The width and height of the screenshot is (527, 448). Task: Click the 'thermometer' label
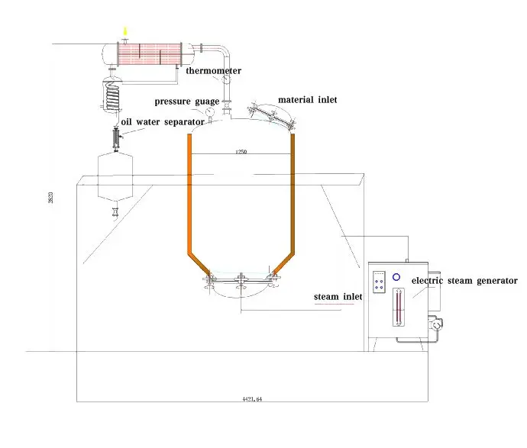pos(214,71)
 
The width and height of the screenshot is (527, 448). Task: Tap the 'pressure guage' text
pos(187,101)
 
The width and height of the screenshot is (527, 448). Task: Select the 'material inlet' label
pos(308,99)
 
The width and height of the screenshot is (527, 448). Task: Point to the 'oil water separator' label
pos(163,121)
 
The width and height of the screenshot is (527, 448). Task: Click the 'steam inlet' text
pos(334,296)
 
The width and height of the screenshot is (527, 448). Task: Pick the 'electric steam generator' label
pos(464,281)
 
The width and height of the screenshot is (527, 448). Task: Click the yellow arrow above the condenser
pos(126,31)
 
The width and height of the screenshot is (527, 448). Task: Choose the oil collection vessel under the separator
pos(117,176)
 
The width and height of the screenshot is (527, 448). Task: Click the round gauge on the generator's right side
pos(435,324)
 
